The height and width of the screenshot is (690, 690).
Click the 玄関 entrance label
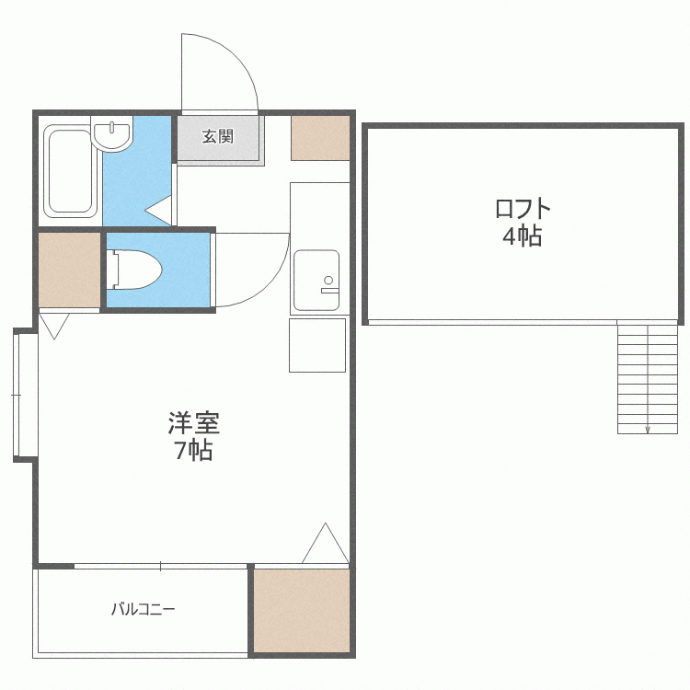[218, 137]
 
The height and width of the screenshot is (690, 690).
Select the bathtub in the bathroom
[70, 172]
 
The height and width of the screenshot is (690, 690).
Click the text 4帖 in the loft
[522, 236]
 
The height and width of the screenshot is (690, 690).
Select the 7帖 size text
[194, 451]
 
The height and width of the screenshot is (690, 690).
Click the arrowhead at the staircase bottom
[648, 429]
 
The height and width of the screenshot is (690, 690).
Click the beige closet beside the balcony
[302, 611]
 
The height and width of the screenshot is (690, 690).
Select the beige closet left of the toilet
[69, 270]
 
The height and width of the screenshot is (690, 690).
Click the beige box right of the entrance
[320, 138]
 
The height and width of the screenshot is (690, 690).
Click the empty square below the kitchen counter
[317, 345]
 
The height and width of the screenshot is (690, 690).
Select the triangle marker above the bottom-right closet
[326, 545]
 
